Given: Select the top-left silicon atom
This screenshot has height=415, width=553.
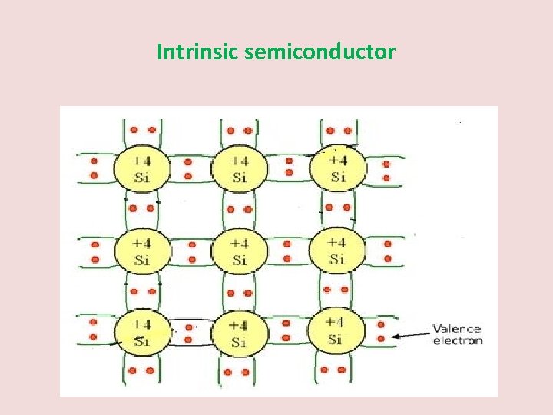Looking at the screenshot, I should click(x=142, y=168).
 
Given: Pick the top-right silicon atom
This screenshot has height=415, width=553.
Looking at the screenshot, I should click(x=337, y=168).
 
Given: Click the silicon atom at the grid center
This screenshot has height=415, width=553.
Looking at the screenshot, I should click(x=240, y=251).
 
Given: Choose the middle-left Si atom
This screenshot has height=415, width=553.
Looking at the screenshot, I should click(x=142, y=251).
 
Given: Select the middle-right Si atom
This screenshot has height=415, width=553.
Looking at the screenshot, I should click(x=336, y=251).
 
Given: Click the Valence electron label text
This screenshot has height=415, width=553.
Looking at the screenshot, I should click(x=458, y=334).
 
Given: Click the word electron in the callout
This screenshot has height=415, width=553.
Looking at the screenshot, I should click(x=458, y=340).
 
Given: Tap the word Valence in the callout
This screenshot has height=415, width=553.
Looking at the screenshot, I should click(x=457, y=329).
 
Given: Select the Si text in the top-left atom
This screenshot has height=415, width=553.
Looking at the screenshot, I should click(x=142, y=177).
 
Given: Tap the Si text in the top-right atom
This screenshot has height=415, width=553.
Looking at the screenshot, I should click(x=337, y=177).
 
